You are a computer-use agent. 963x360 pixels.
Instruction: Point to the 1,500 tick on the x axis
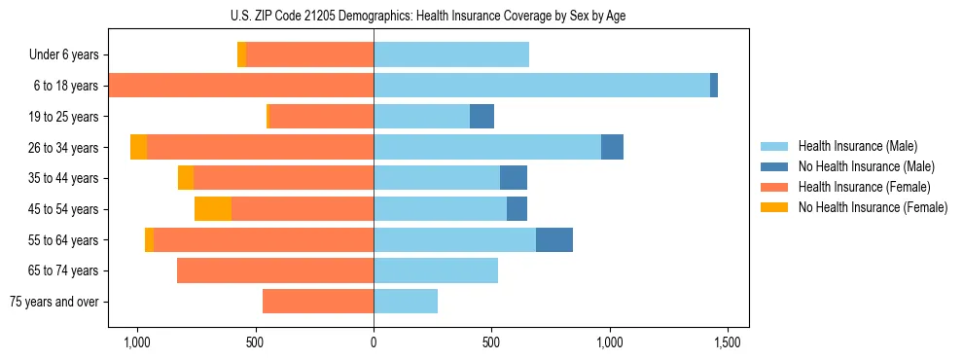click(x=728, y=343)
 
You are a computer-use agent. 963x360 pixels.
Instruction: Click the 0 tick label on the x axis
click(x=374, y=343)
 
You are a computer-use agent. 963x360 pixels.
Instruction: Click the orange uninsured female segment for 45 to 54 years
click(x=213, y=209)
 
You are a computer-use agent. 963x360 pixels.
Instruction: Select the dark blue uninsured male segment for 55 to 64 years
click(x=554, y=239)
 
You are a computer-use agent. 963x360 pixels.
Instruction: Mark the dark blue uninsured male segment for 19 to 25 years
click(x=481, y=117)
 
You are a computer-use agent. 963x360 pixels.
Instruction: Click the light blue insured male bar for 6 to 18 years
click(x=541, y=86)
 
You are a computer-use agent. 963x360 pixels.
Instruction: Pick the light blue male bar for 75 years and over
click(x=406, y=302)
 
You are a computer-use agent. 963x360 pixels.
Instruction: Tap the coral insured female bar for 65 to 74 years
click(x=275, y=270)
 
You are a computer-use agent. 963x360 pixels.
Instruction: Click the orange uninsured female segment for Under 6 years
click(x=241, y=55)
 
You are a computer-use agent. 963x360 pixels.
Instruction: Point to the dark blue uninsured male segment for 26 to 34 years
click(x=612, y=147)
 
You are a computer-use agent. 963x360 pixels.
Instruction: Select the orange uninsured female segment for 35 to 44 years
click(x=186, y=178)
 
